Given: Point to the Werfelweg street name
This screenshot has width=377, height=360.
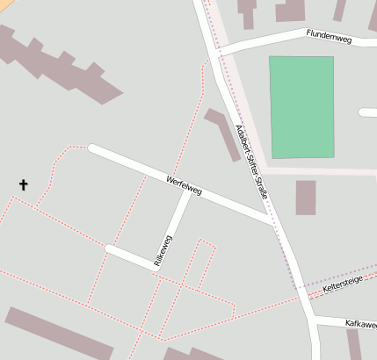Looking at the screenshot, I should tap(183, 185).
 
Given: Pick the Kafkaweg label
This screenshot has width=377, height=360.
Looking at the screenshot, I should tap(360, 324).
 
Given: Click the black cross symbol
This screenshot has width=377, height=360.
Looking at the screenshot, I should tap(23, 184).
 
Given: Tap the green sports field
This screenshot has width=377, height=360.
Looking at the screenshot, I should tap(301, 107).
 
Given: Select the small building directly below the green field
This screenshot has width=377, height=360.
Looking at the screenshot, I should tap(305, 198).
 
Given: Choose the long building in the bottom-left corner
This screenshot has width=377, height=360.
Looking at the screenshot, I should tap(58, 333).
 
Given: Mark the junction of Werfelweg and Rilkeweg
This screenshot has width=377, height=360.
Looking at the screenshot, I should tap(187, 191).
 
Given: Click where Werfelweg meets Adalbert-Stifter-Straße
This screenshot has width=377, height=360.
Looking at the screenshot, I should tap(270, 220).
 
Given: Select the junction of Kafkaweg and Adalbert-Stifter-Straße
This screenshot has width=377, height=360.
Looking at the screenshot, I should tap(313, 320).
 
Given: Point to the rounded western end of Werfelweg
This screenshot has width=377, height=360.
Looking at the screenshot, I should tap(92, 148).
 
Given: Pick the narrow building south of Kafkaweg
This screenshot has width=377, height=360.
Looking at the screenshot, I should tap(354, 344).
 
